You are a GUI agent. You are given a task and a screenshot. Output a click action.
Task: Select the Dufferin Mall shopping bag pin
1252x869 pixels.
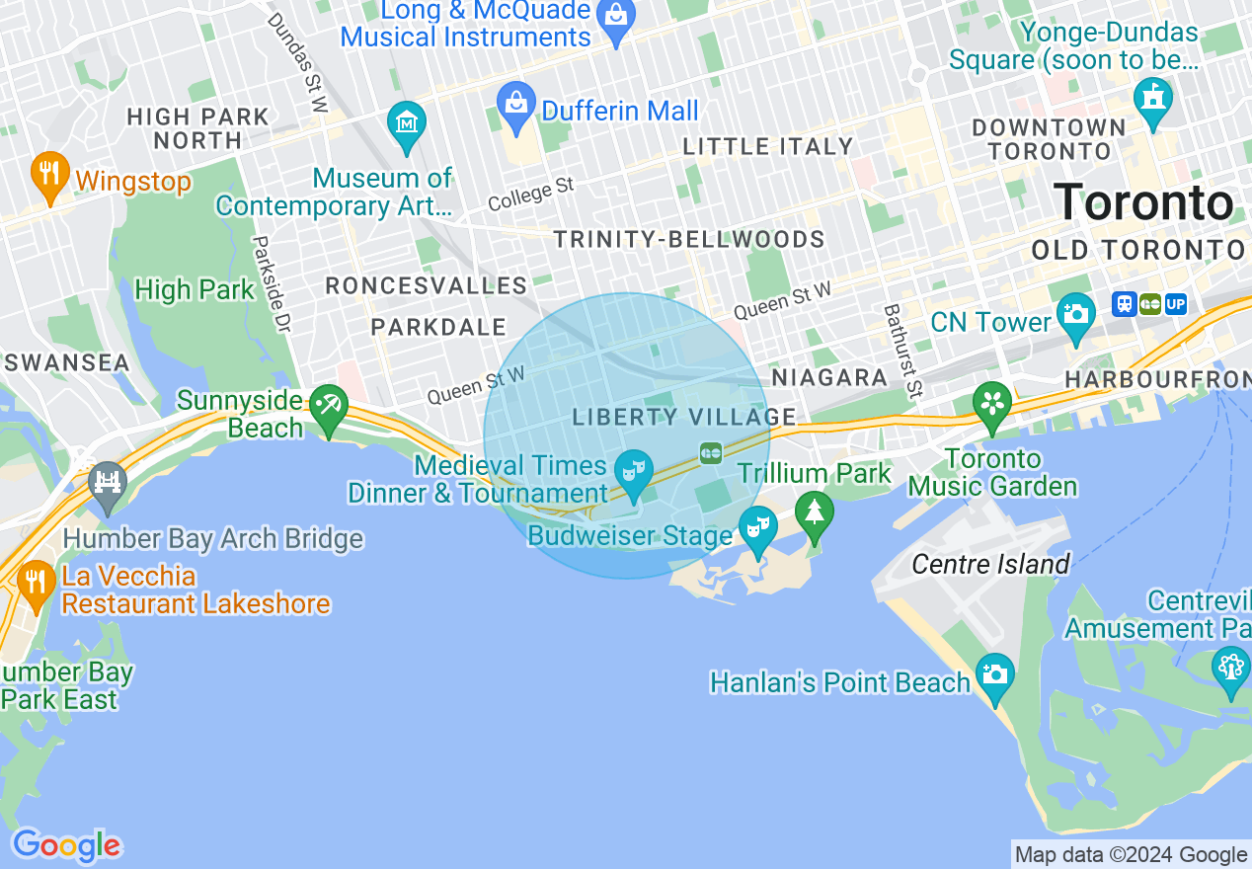pyautogui.click(x=516, y=105)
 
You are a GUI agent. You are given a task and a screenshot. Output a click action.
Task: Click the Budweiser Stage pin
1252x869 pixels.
pyautogui.click(x=757, y=528)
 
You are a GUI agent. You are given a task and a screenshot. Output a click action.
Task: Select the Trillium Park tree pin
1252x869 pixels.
pyautogui.click(x=814, y=514)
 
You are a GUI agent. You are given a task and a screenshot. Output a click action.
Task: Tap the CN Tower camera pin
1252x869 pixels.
pyautogui.click(x=1075, y=314)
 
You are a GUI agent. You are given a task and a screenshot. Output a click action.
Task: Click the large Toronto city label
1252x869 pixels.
pyautogui.click(x=1143, y=202)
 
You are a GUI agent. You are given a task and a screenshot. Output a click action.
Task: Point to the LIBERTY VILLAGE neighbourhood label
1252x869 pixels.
pyautogui.click(x=683, y=417)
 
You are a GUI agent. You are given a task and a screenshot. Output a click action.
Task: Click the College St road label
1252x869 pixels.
pyautogui.click(x=530, y=194)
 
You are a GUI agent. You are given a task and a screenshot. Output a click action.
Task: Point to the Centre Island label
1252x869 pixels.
pyautogui.click(x=990, y=564)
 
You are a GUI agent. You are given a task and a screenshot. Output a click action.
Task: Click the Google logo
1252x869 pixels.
pyautogui.click(x=66, y=845)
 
